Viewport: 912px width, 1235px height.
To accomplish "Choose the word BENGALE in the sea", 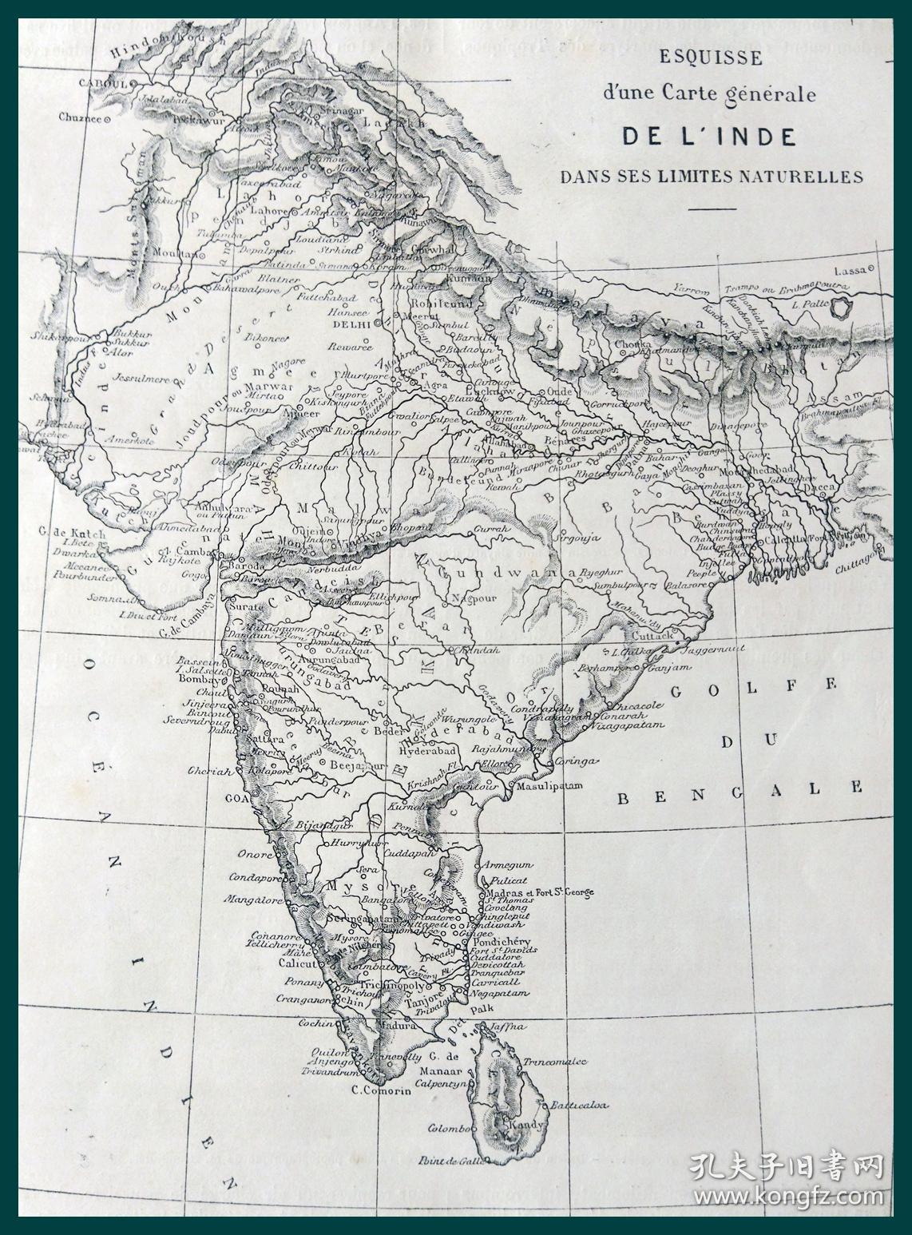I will (x=740, y=788).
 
